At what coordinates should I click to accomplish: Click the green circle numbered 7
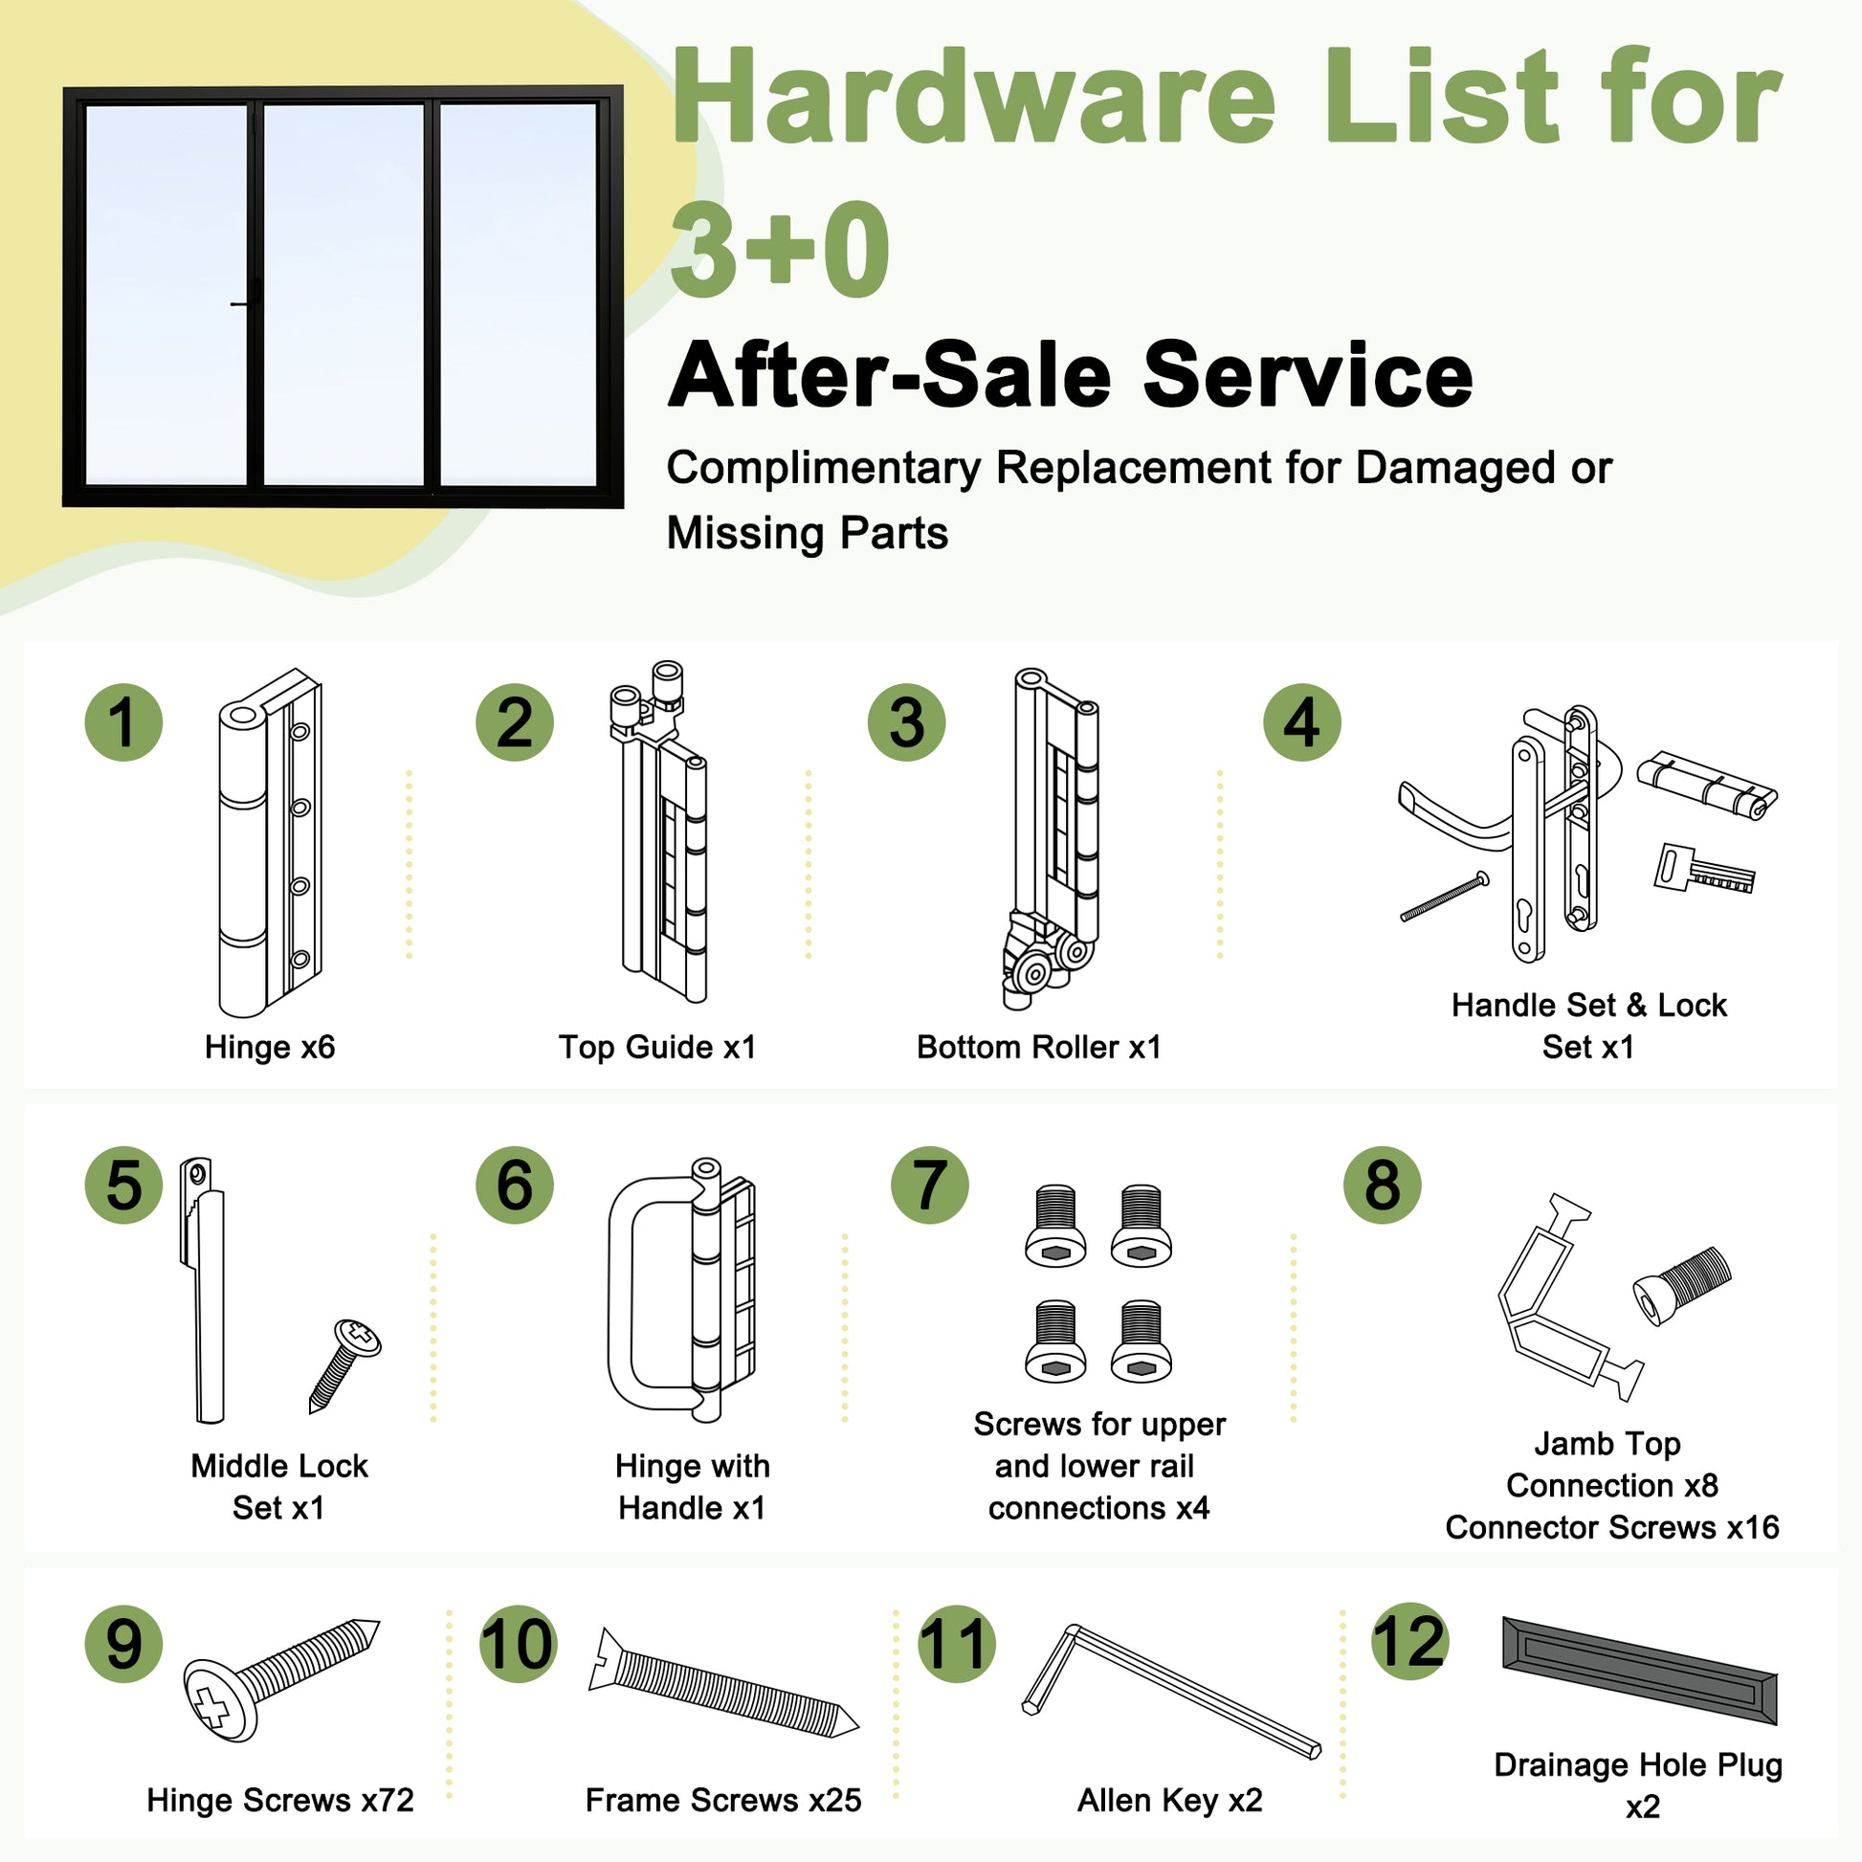click(x=929, y=1185)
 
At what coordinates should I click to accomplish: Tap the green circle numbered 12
click(x=1409, y=1641)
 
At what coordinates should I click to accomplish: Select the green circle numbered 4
click(x=1302, y=722)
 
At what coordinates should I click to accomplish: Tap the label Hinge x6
click(x=270, y=1047)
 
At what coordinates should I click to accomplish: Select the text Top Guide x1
click(x=657, y=1047)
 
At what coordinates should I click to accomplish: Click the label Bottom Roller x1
click(x=1039, y=1047)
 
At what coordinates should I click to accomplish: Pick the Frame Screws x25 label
click(x=722, y=1800)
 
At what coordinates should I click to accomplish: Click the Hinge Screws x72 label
click(x=280, y=1800)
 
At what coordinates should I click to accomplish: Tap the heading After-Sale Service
click(x=1071, y=375)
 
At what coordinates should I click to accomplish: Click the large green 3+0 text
click(x=780, y=249)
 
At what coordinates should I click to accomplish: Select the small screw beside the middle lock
click(x=344, y=1365)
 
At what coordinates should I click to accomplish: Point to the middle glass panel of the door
click(x=344, y=294)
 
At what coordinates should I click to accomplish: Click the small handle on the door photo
click(x=241, y=304)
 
